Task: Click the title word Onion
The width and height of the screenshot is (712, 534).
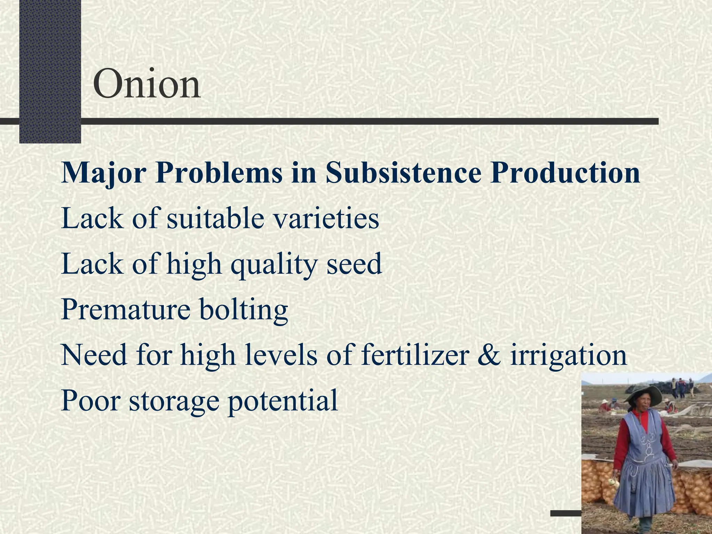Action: click(x=147, y=84)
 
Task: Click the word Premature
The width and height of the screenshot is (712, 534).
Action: click(x=126, y=309)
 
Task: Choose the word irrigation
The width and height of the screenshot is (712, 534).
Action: click(x=568, y=357)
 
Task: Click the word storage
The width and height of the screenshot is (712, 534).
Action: click(x=174, y=402)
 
